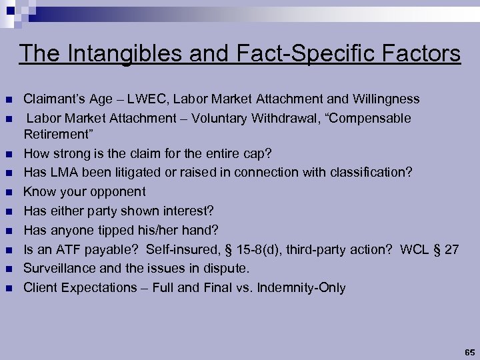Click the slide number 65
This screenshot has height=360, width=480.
click(x=469, y=351)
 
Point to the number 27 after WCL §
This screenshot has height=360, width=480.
click(x=451, y=250)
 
